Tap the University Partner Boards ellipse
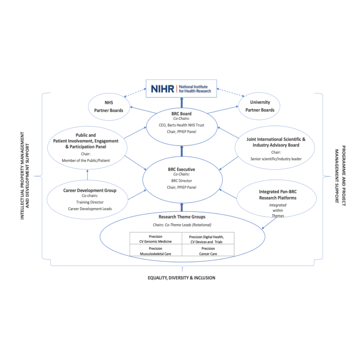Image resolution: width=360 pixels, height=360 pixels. [260, 106]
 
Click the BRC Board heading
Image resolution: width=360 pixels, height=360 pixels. [181, 114]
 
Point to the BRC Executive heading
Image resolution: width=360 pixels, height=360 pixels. [181, 169]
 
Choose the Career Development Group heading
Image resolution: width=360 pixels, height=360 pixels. [90, 190]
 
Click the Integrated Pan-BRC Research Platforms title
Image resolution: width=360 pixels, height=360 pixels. [278, 195]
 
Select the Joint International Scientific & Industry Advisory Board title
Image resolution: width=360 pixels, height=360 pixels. [276, 142]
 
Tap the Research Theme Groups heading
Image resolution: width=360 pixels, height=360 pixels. [181, 217]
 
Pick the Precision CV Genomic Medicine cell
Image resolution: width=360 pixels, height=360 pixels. [156, 239]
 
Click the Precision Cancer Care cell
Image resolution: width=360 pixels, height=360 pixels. [208, 251]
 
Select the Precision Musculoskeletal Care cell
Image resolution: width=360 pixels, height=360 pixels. [156, 251]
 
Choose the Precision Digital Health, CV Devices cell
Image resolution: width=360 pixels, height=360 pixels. [208, 239]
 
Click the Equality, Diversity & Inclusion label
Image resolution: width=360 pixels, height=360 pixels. [181, 278]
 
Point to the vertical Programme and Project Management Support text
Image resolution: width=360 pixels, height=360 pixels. [341, 174]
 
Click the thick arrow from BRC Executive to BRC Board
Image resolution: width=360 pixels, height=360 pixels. [181, 151]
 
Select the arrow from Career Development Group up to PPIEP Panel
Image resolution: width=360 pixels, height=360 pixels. [87, 175]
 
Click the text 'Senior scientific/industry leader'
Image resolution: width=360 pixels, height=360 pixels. [276, 159]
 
